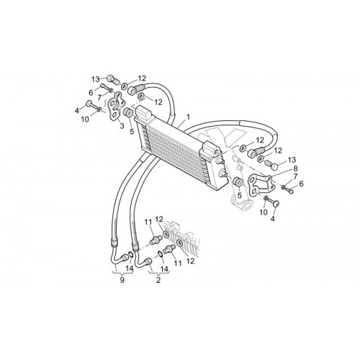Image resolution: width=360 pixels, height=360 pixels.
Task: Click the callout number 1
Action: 188,117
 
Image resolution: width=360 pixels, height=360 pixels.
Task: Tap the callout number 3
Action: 122,126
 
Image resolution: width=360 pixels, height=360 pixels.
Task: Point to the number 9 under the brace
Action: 122,280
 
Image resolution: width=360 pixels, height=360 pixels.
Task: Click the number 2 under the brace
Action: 158,280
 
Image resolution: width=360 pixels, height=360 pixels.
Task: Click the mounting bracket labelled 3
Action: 116,107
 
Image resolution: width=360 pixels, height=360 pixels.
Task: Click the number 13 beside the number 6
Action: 95,79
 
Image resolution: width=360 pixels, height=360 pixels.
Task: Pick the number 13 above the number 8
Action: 292,160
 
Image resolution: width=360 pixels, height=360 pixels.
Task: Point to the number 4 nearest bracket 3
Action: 77,111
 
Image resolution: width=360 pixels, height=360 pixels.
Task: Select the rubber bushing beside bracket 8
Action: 238,182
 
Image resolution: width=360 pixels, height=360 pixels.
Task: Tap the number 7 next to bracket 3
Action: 99,98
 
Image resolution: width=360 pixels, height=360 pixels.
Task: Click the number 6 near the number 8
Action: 301,184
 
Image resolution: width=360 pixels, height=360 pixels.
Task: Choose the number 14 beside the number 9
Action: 129,269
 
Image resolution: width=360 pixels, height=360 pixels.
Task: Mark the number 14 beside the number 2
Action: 164,269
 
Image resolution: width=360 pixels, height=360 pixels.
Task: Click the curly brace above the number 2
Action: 158,273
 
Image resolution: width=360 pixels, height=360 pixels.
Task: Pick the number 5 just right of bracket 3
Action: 132,132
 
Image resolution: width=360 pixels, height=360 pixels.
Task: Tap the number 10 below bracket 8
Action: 264,212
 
